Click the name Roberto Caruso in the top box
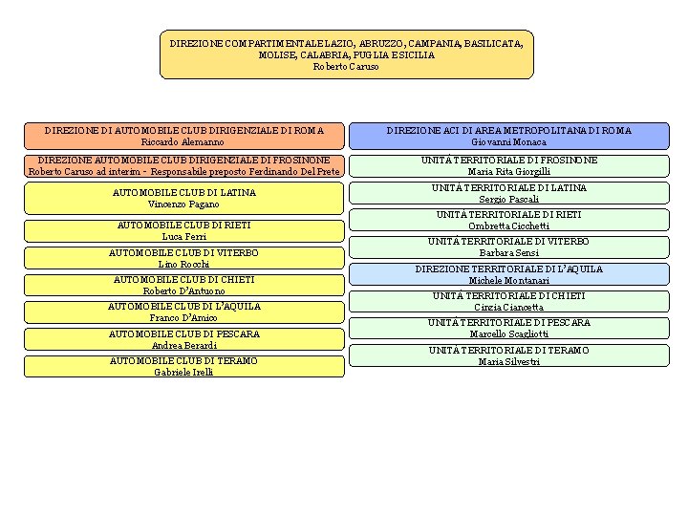click(x=346, y=67)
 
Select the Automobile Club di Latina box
click(x=183, y=198)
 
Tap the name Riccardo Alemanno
click(x=183, y=141)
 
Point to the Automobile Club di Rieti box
click(x=183, y=230)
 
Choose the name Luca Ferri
click(x=183, y=236)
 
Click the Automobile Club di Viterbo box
click(x=183, y=257)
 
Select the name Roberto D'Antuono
click(x=183, y=290)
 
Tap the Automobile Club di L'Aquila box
click(x=183, y=312)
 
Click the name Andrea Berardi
click(x=183, y=345)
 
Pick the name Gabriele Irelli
click(x=183, y=372)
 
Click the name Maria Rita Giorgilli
click(x=508, y=172)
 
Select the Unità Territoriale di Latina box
click(x=508, y=193)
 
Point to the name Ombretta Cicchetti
click(x=508, y=226)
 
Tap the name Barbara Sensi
click(x=508, y=253)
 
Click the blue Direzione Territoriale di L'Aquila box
click(x=508, y=274)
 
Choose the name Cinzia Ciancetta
click(x=508, y=308)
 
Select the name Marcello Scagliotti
click(x=508, y=334)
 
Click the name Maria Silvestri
click(x=508, y=361)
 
